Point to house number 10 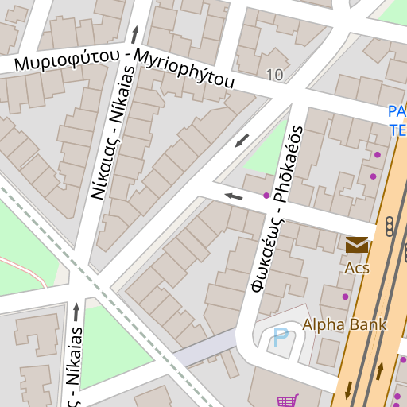275,75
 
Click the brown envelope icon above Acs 357,245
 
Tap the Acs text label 357,268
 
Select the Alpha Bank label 344,324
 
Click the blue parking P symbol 281,337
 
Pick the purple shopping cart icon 286,401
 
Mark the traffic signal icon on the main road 390,227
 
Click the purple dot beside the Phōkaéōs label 266,195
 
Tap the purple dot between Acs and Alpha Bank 345,297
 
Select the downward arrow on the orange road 347,390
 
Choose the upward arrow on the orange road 380,370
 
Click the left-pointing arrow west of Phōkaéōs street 233,196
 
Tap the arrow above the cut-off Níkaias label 76,312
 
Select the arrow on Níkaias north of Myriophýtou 134,33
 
